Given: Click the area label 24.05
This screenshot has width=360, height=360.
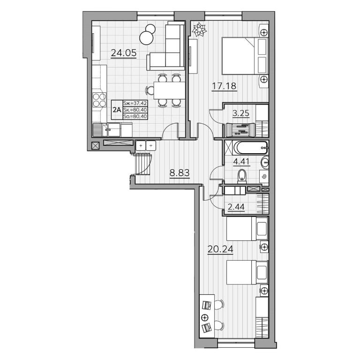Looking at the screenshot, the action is coord(124,53).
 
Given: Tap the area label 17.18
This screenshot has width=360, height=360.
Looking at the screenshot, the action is coord(224,86).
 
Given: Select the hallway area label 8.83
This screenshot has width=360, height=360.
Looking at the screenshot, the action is coord(180,173).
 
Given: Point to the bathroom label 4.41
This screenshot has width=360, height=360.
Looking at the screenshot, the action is coord(241,162).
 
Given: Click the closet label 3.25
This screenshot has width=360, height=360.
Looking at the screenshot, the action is coord(241,113).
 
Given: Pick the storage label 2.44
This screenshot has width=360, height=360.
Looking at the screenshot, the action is coord(236,207).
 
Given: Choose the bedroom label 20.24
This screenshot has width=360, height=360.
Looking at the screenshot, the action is coord(220,249).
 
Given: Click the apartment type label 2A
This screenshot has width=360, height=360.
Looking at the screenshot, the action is coord(117,110).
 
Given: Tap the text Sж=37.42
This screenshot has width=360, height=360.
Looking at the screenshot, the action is coord(135,103).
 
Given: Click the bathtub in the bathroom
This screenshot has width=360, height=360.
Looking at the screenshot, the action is coord(250,148).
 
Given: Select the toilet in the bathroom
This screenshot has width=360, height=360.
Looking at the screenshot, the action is coord(242,176).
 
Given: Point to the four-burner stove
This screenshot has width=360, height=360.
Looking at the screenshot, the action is coord(99,100).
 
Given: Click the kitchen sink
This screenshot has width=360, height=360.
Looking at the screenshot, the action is coord(107,130).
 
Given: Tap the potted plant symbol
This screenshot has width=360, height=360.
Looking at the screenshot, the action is coord(199,29).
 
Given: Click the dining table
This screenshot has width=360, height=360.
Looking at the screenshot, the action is coord(169,90).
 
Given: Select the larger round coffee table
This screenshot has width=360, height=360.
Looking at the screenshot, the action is coord(146,38).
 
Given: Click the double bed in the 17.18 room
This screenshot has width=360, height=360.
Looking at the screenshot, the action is coord(245,56).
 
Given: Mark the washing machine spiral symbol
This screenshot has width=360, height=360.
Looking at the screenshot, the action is coord(264,177).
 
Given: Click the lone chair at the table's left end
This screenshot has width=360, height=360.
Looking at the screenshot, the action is coord(150,90).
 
